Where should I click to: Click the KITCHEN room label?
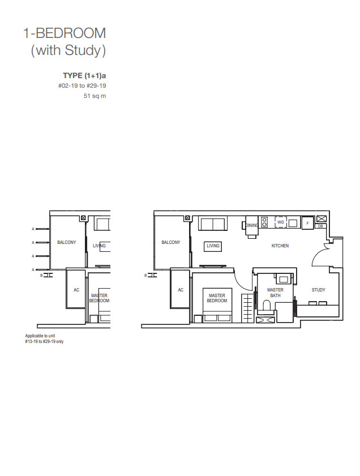280,246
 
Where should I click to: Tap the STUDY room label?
318,290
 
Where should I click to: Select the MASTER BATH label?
275,293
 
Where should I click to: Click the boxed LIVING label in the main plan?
213,246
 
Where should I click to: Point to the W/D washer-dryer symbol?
281,222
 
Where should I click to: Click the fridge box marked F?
307,223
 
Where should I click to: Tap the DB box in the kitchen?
320,226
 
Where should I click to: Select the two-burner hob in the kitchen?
264,222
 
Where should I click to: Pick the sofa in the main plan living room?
213,224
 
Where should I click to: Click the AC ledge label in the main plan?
181,290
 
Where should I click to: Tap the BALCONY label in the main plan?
170,242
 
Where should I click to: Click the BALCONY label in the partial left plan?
66,242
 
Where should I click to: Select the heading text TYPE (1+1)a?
84,75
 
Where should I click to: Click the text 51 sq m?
95,96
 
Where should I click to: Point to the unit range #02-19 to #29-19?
82,86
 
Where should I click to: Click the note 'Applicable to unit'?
40,336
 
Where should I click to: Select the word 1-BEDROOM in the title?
65,33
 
